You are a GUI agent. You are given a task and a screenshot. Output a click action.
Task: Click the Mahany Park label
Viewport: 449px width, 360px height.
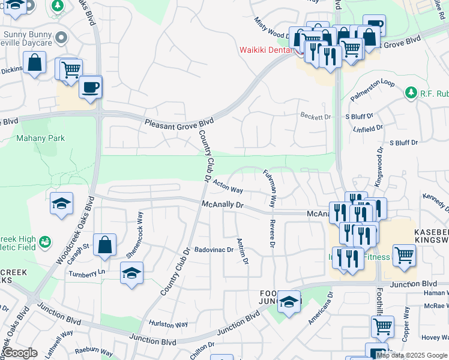click(x=41, y=138)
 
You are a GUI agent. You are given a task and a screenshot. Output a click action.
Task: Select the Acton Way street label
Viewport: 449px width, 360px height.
click(x=228, y=187)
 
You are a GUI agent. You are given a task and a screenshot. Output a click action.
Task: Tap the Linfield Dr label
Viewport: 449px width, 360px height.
click(x=368, y=128)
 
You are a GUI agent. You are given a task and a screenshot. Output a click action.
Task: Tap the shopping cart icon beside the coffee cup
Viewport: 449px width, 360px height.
click(x=70, y=69)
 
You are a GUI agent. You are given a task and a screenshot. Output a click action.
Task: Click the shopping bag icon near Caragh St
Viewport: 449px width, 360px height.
click(x=104, y=245)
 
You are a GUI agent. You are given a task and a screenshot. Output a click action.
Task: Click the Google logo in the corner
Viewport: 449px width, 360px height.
click(x=20, y=353)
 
